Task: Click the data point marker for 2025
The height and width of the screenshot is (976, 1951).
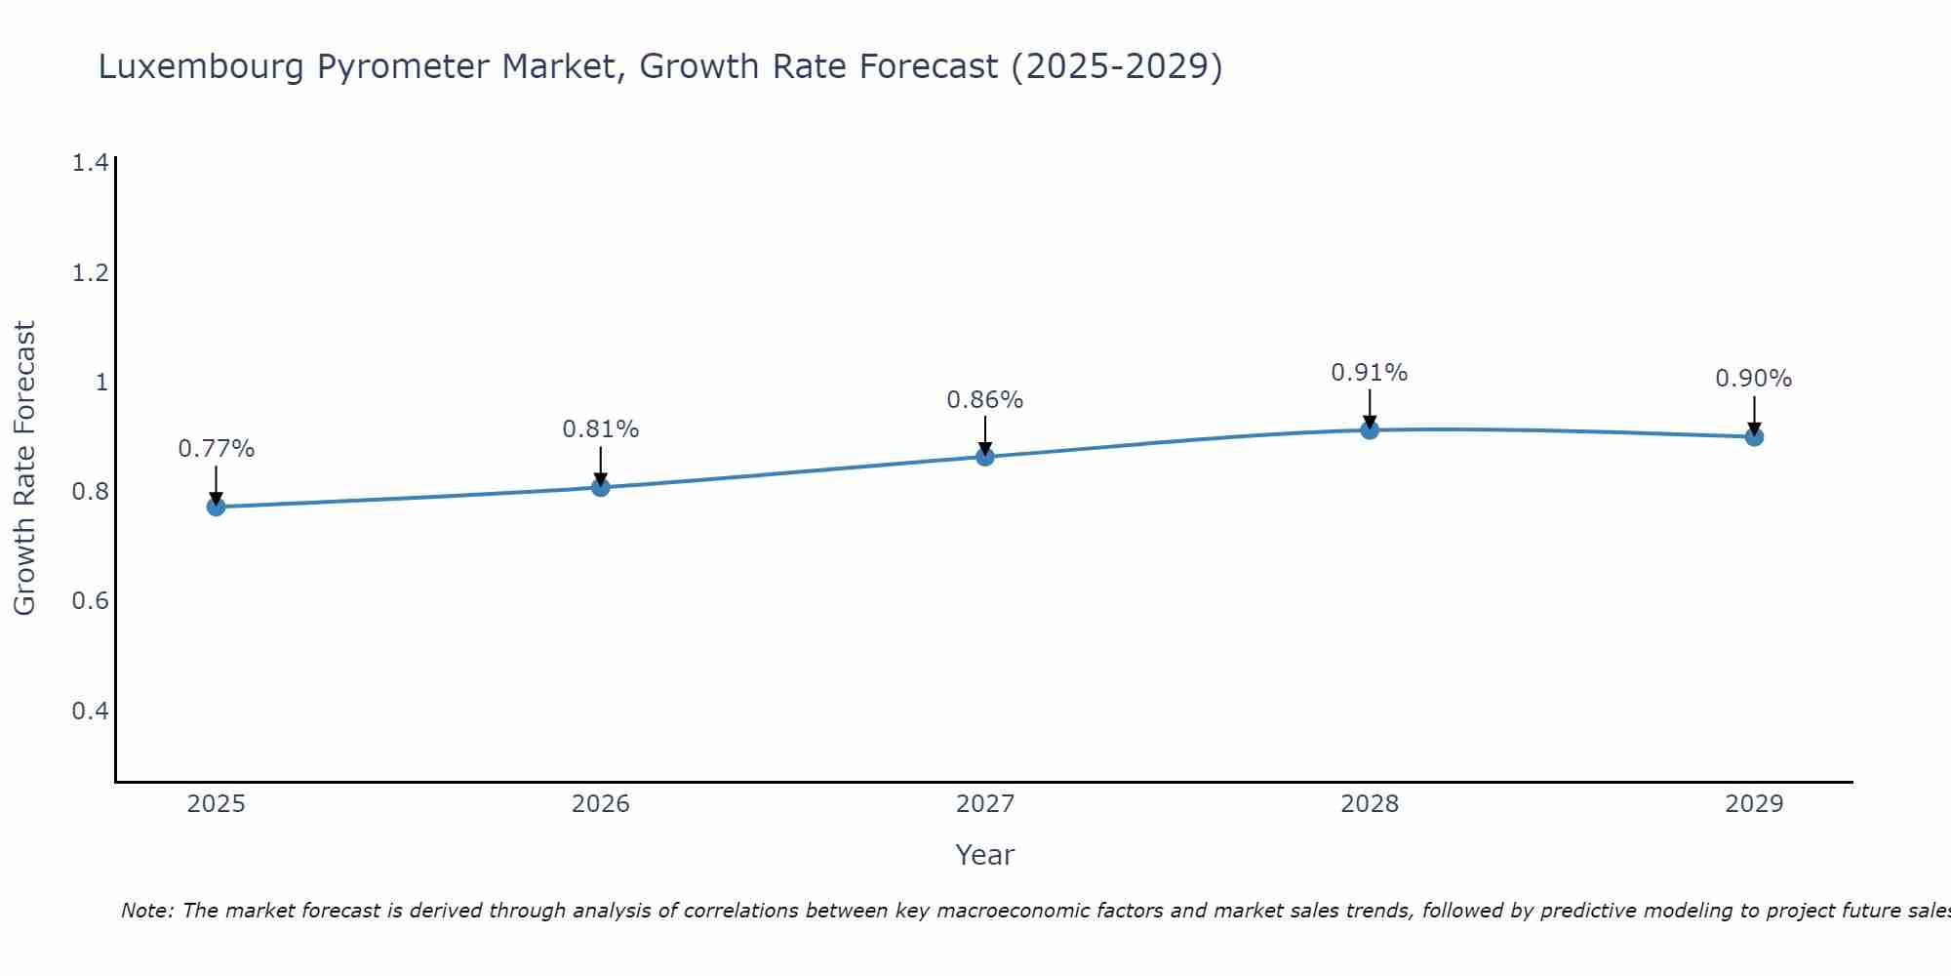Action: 216,507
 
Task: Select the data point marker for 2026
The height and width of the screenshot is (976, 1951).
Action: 601,487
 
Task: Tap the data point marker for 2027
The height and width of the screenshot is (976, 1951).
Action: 985,456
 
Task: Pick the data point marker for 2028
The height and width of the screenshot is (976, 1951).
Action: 1370,429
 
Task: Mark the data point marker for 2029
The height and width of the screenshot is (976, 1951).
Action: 1754,436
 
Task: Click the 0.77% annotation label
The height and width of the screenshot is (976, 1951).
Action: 216,449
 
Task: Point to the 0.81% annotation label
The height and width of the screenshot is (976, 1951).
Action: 601,429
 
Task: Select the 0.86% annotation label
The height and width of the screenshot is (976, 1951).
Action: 985,400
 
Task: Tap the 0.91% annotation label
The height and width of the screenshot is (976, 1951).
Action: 1370,373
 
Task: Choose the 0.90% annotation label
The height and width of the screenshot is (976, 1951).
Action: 1754,379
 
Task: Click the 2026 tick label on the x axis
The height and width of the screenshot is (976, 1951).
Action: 601,804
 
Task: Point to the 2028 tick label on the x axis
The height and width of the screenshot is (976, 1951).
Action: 1370,804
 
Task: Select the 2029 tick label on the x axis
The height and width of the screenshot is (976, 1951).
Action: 1754,804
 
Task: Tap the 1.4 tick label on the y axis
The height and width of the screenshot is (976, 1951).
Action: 90,163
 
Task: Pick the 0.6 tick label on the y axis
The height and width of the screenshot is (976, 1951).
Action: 90,600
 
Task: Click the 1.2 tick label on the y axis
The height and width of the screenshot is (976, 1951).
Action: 90,272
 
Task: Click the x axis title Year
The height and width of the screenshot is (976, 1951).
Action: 985,855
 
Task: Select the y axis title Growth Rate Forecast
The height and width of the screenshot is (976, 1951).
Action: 24,468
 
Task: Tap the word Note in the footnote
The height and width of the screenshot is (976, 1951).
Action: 146,911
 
